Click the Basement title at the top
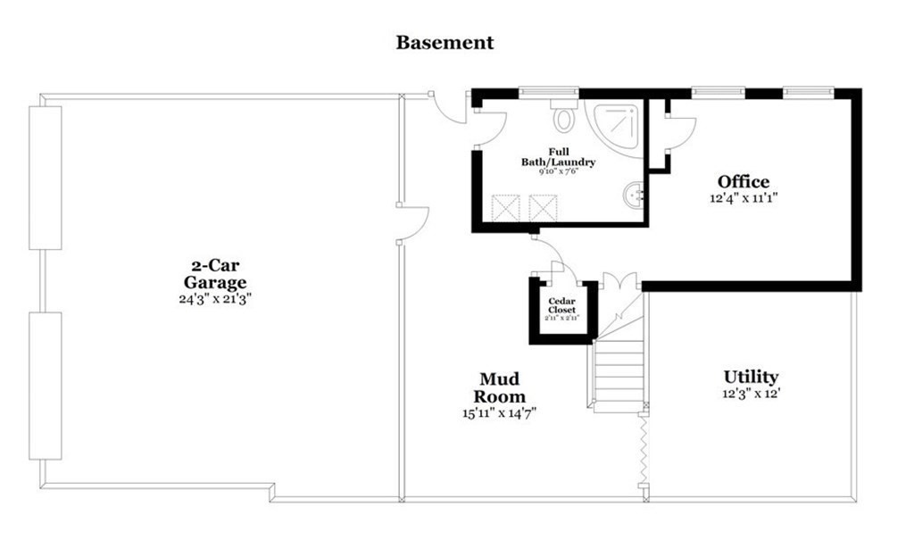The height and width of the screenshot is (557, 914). pyautogui.click(x=445, y=42)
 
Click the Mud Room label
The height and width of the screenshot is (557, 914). pyautogui.click(x=499, y=387)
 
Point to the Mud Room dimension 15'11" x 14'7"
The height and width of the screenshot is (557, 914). pyautogui.click(x=499, y=412)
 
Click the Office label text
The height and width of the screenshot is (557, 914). pyautogui.click(x=743, y=183)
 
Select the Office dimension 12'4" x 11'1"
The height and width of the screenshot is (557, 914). pyautogui.click(x=743, y=200)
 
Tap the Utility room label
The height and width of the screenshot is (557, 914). pyautogui.click(x=751, y=377)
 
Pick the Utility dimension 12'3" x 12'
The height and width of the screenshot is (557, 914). pyautogui.click(x=751, y=394)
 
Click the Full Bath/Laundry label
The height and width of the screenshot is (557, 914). pyautogui.click(x=559, y=157)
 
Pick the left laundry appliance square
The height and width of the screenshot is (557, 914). pyautogui.click(x=506, y=209)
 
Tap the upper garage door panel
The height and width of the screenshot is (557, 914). pyautogui.click(x=45, y=177)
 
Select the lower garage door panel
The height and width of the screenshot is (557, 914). pyautogui.click(x=45, y=386)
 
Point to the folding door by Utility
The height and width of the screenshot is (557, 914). pyautogui.click(x=644, y=451)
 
